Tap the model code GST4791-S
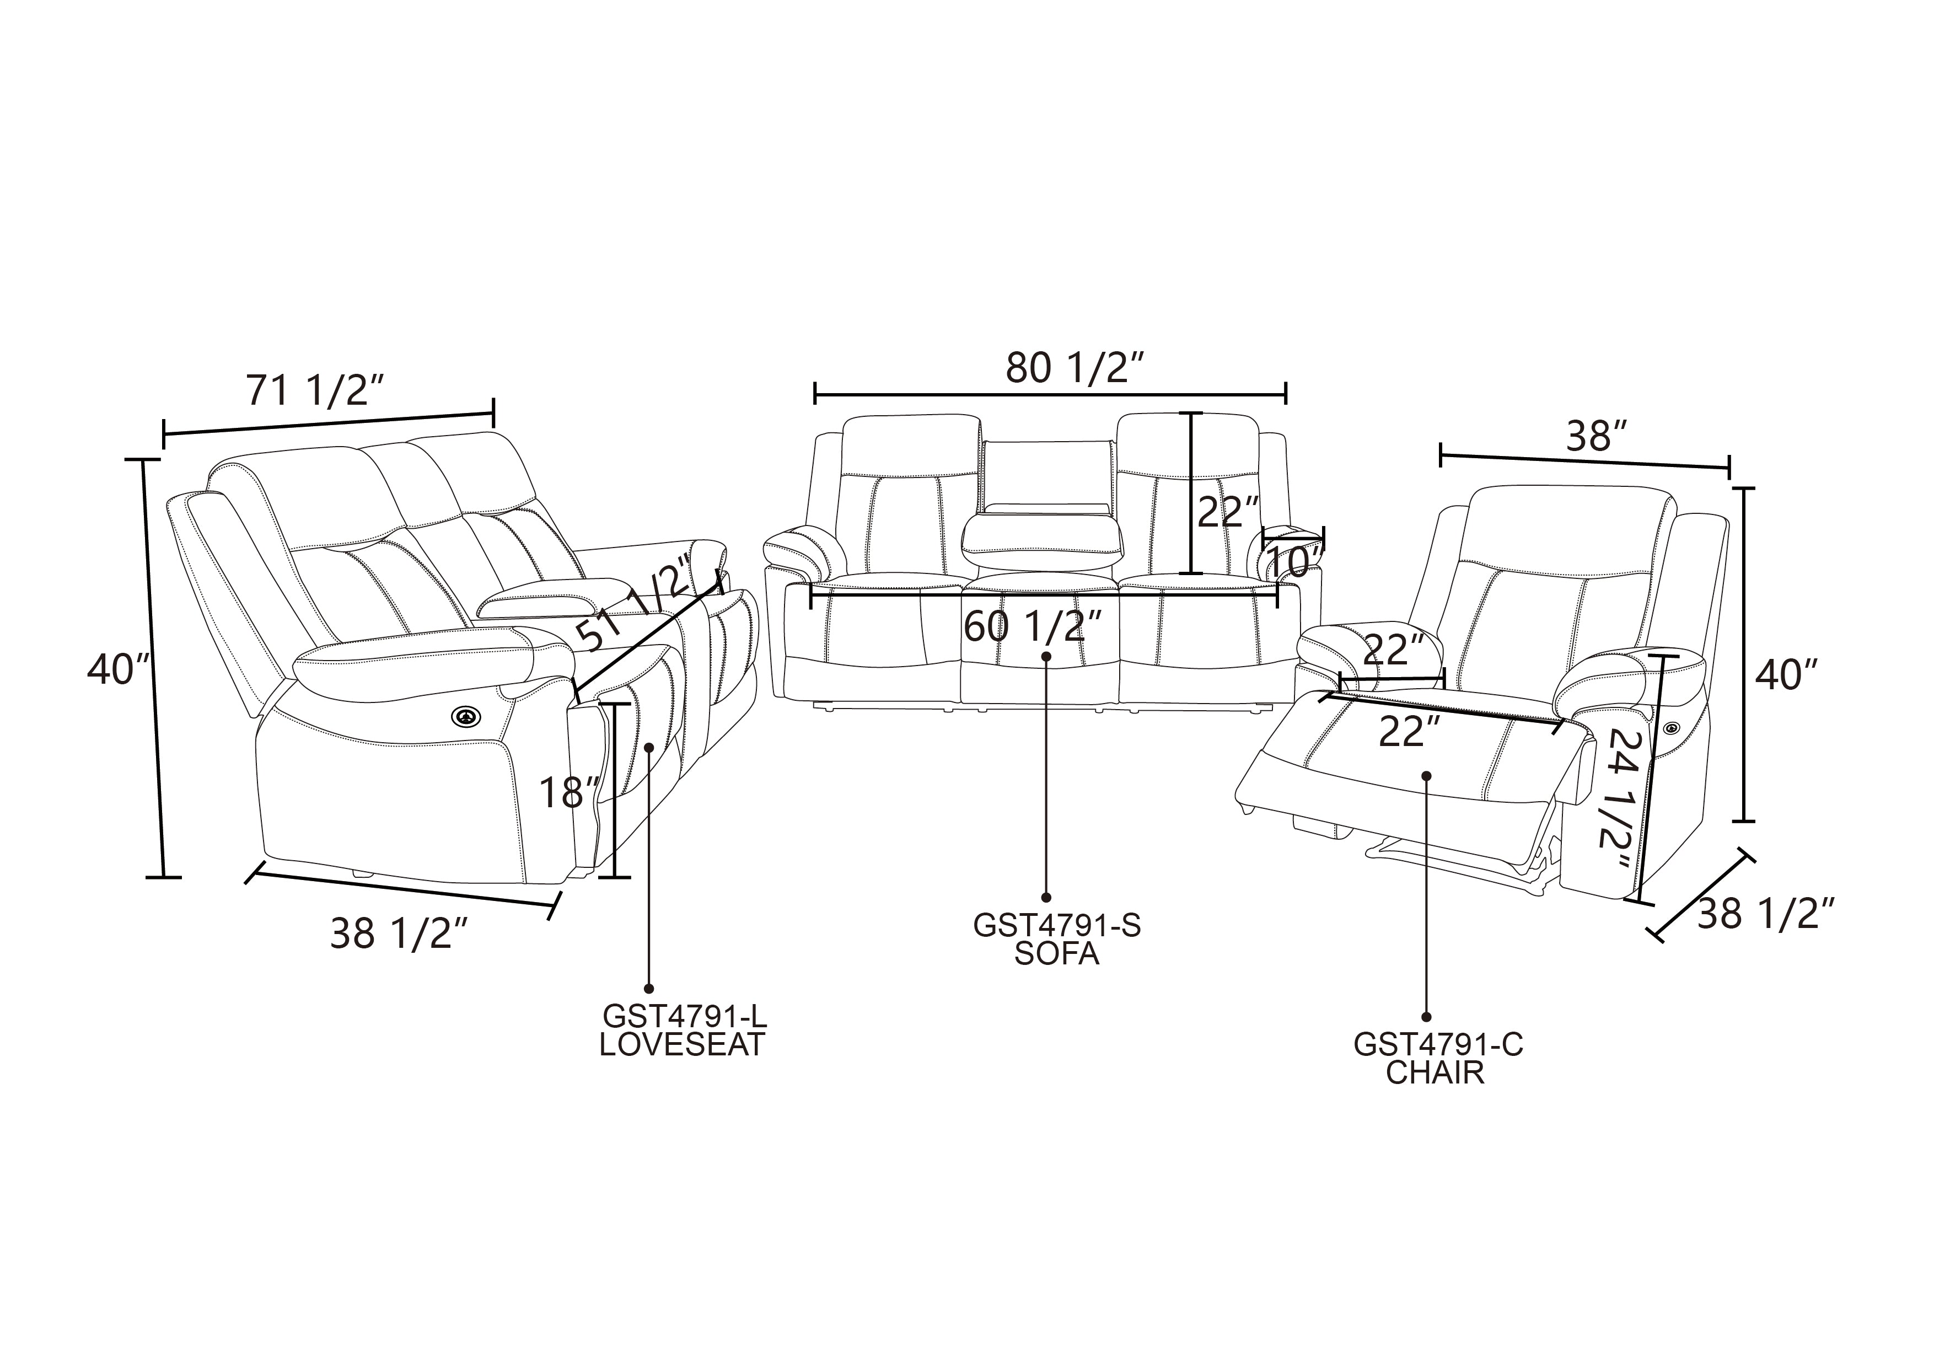point(1056,926)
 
